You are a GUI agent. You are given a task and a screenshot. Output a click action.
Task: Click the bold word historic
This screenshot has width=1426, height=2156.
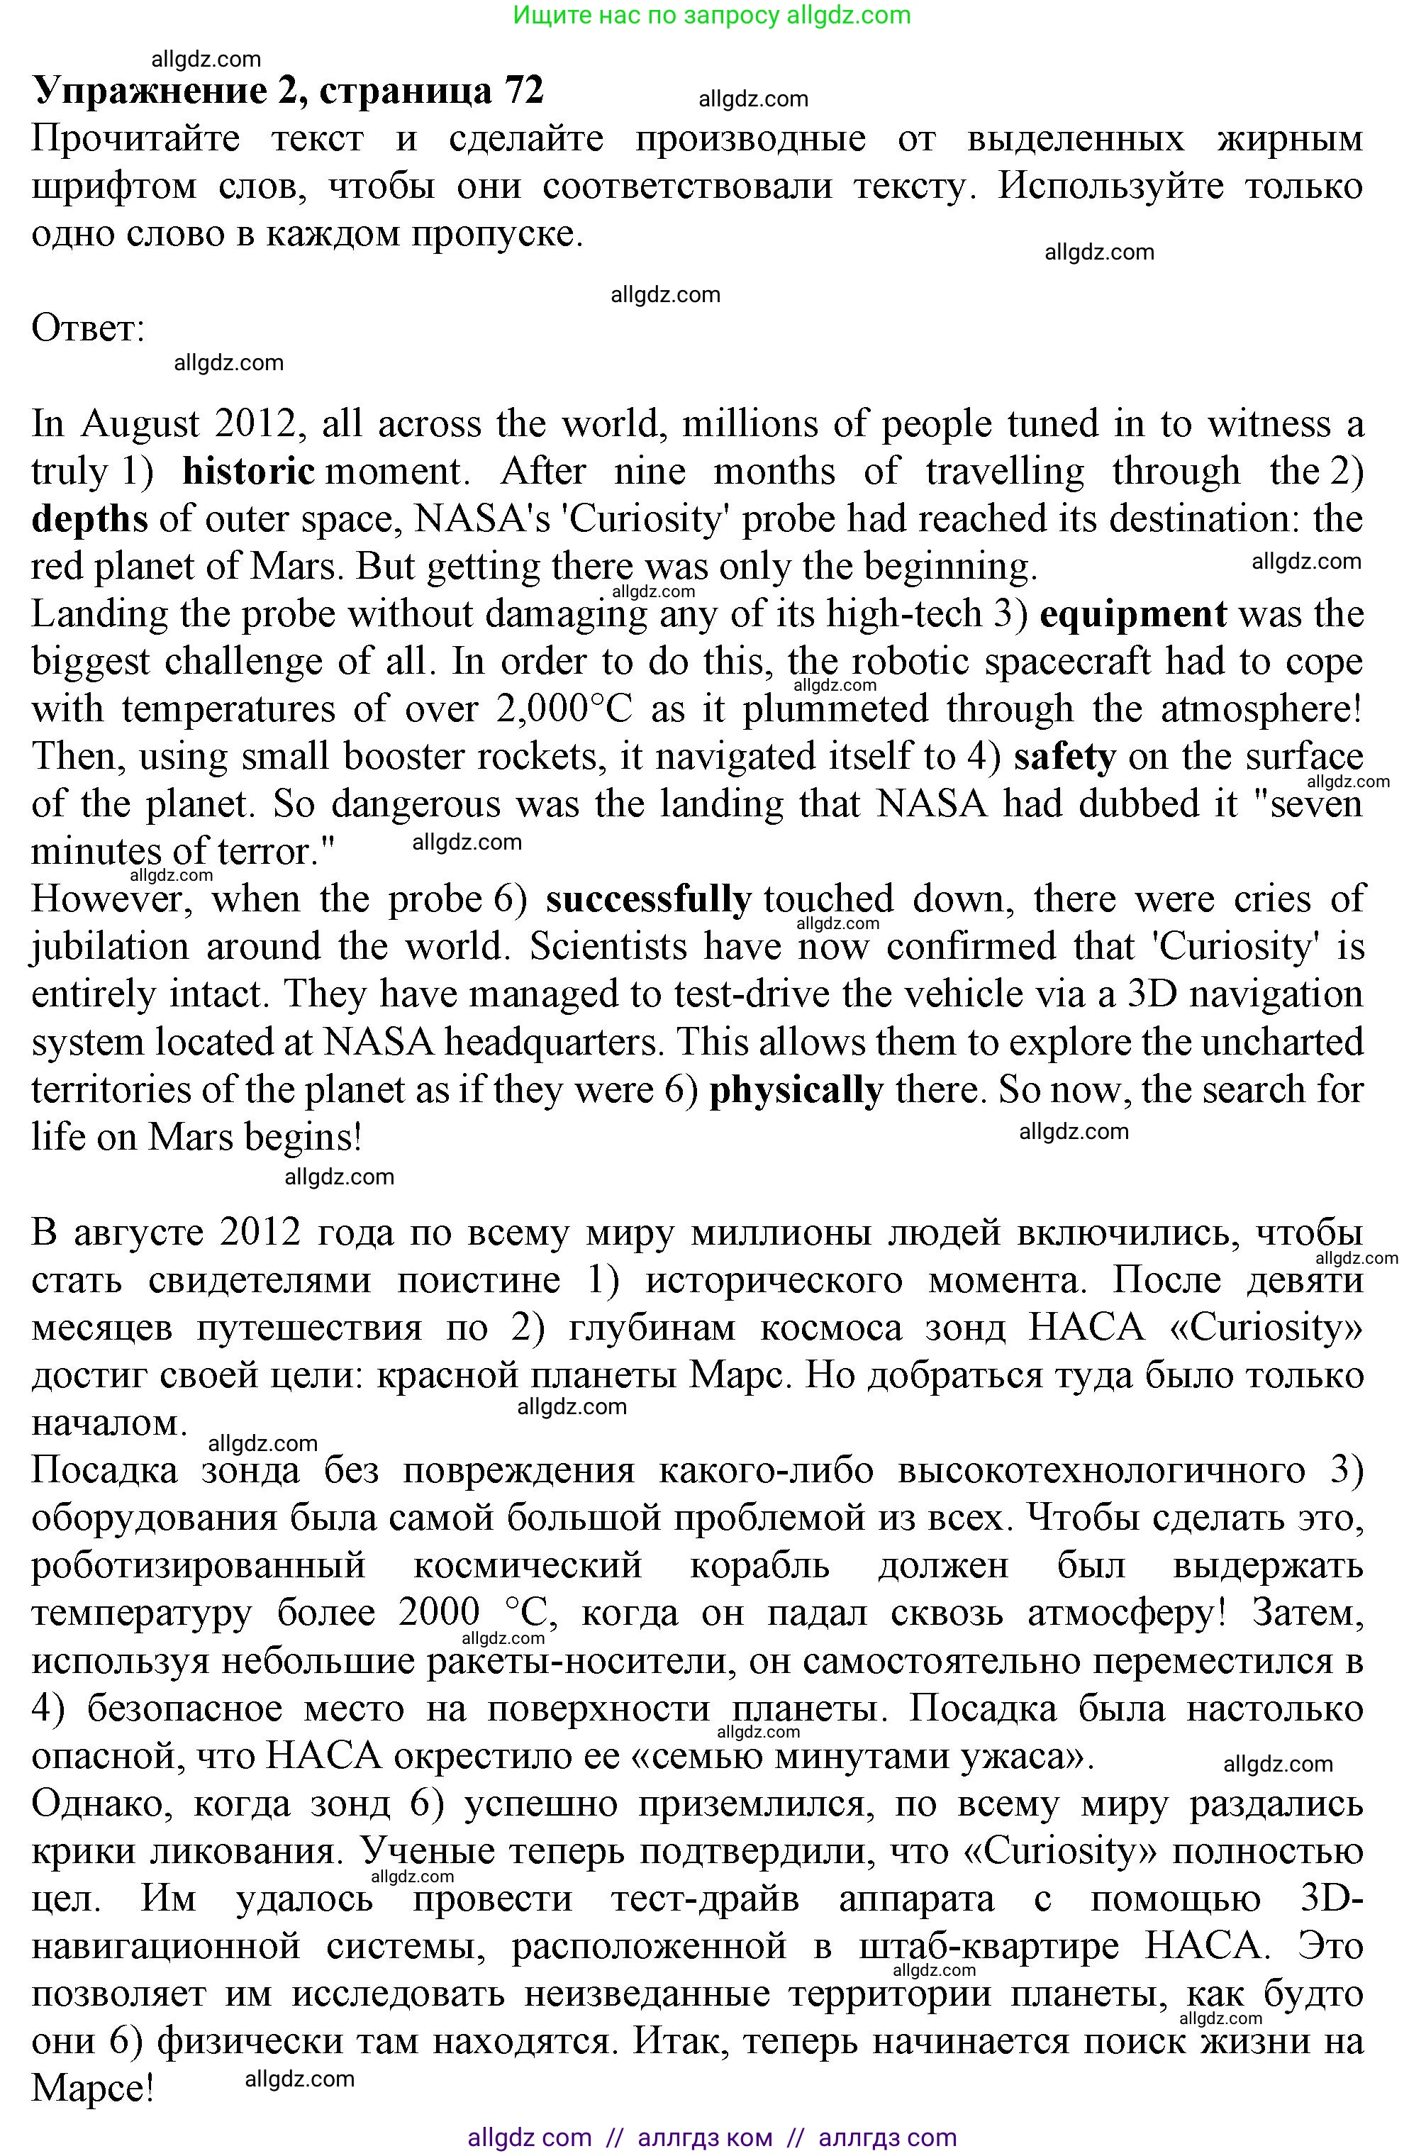point(248,472)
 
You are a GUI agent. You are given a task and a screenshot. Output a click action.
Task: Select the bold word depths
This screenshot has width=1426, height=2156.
point(89,519)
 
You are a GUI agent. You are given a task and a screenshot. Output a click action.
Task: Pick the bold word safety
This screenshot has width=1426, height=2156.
point(1065,757)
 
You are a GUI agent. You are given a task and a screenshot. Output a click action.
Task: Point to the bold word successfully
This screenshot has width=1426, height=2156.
point(647,899)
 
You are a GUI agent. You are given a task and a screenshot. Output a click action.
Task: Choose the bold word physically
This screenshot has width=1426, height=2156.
point(796,1089)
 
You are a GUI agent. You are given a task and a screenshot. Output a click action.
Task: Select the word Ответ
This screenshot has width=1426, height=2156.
point(87,328)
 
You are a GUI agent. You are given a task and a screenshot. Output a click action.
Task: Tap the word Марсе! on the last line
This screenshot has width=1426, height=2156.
point(93,2088)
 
